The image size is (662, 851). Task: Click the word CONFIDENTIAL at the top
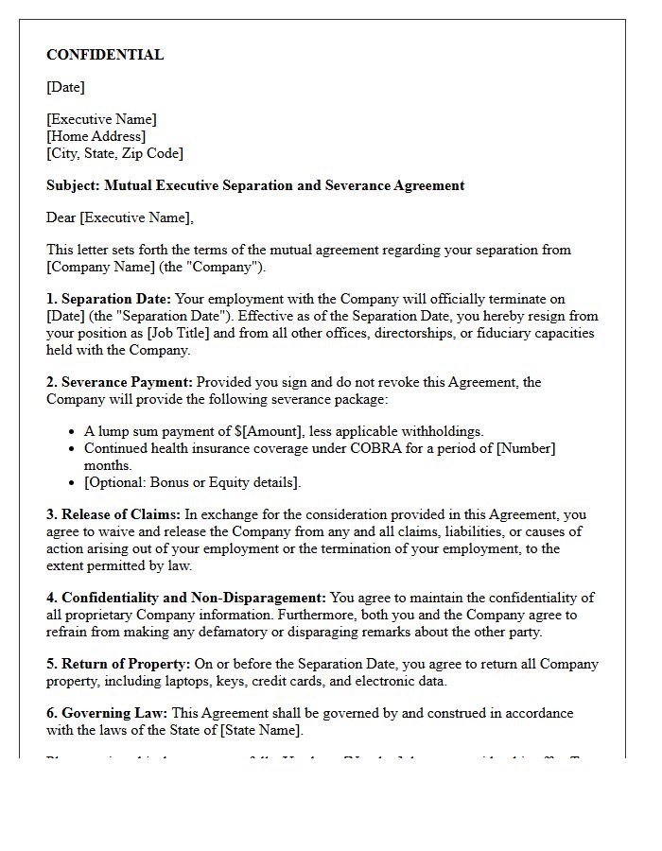coord(105,55)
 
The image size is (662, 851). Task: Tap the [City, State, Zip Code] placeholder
coord(114,153)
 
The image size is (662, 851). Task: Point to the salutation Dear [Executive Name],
coord(119,217)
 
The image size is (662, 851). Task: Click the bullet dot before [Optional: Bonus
coord(73,482)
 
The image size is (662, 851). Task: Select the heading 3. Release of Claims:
coord(113,514)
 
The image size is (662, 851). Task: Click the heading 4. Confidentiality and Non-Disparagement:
coord(186,598)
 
